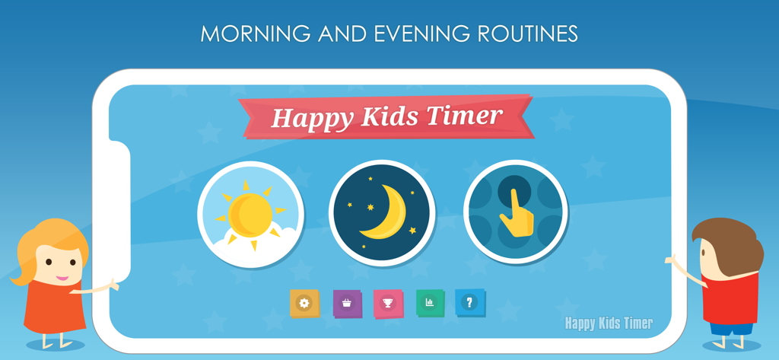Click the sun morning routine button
point(251,214)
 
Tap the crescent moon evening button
point(383,214)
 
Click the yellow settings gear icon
point(304,303)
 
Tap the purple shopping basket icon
point(347,303)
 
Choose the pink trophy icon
point(388,303)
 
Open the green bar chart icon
point(430,302)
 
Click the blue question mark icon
point(469,302)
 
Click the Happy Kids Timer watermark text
point(608,323)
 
